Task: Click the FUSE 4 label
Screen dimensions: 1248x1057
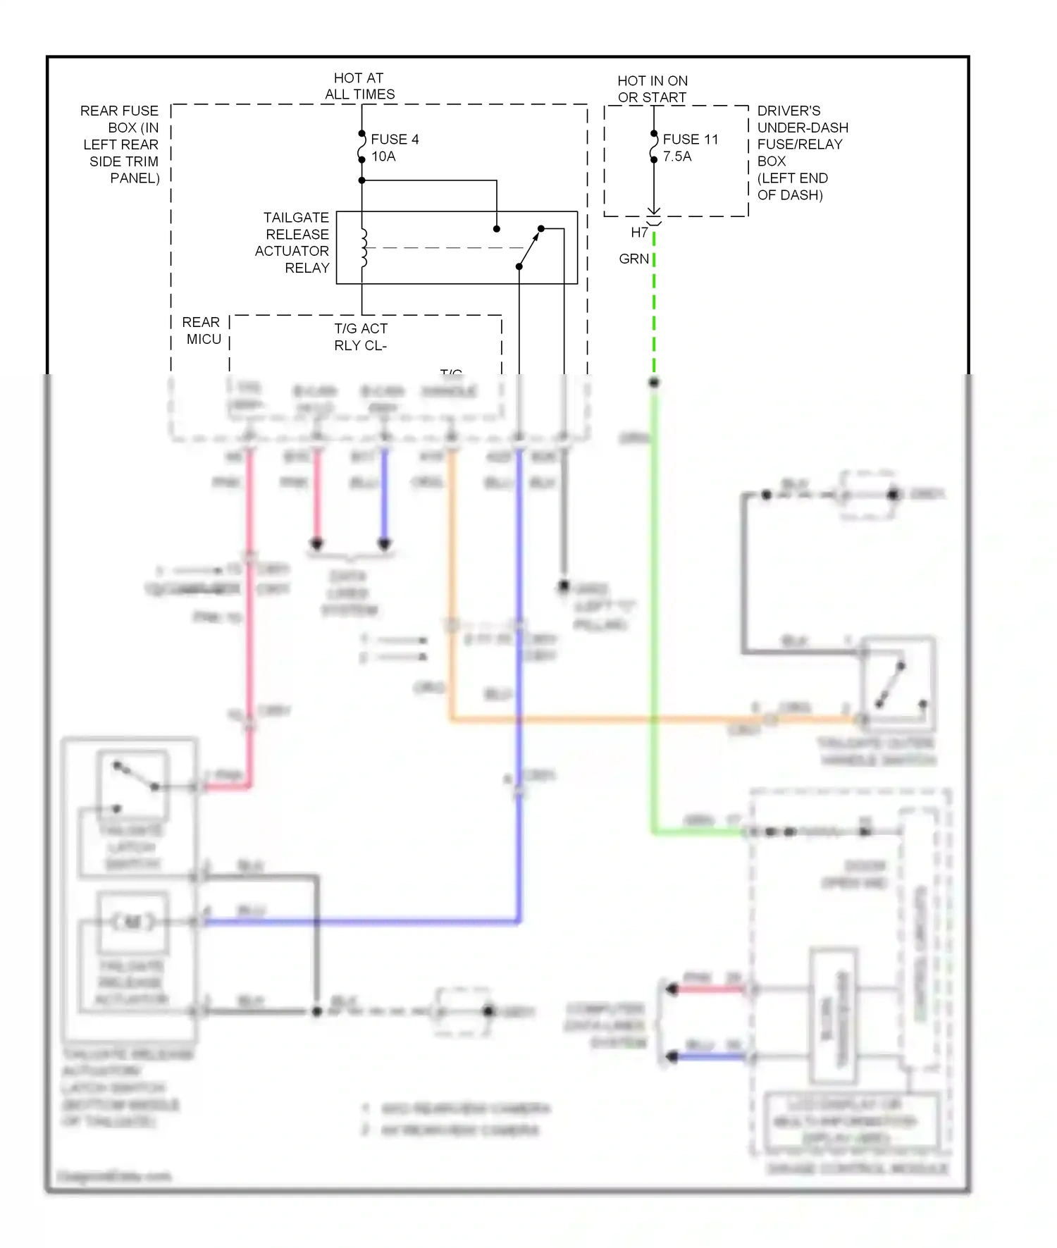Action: [395, 140]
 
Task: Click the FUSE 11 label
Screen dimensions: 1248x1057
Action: [690, 140]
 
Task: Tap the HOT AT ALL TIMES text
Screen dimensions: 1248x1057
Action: [359, 86]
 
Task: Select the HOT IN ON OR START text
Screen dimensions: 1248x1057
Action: [652, 89]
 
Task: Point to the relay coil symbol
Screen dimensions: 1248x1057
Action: [364, 248]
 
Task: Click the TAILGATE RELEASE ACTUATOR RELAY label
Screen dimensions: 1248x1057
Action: [293, 242]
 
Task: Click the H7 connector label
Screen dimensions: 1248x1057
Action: [639, 233]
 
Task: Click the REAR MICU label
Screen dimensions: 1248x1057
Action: [202, 330]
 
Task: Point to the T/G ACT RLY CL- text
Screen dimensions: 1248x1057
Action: [361, 337]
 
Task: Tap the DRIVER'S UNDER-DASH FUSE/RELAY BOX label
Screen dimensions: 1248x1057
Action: [801, 153]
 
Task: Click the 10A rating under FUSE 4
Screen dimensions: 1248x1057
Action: [383, 156]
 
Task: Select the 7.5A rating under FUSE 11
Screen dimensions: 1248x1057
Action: [676, 156]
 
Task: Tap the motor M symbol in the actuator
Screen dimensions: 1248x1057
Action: [132, 922]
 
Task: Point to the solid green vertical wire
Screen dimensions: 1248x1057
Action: [654, 599]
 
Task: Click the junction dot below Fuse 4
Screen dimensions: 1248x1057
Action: [362, 180]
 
